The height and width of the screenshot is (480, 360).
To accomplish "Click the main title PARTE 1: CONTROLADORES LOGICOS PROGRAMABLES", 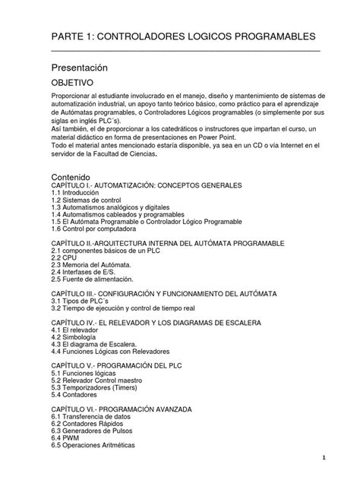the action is [182, 38].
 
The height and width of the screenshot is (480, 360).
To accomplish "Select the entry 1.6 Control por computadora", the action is [99, 229].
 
